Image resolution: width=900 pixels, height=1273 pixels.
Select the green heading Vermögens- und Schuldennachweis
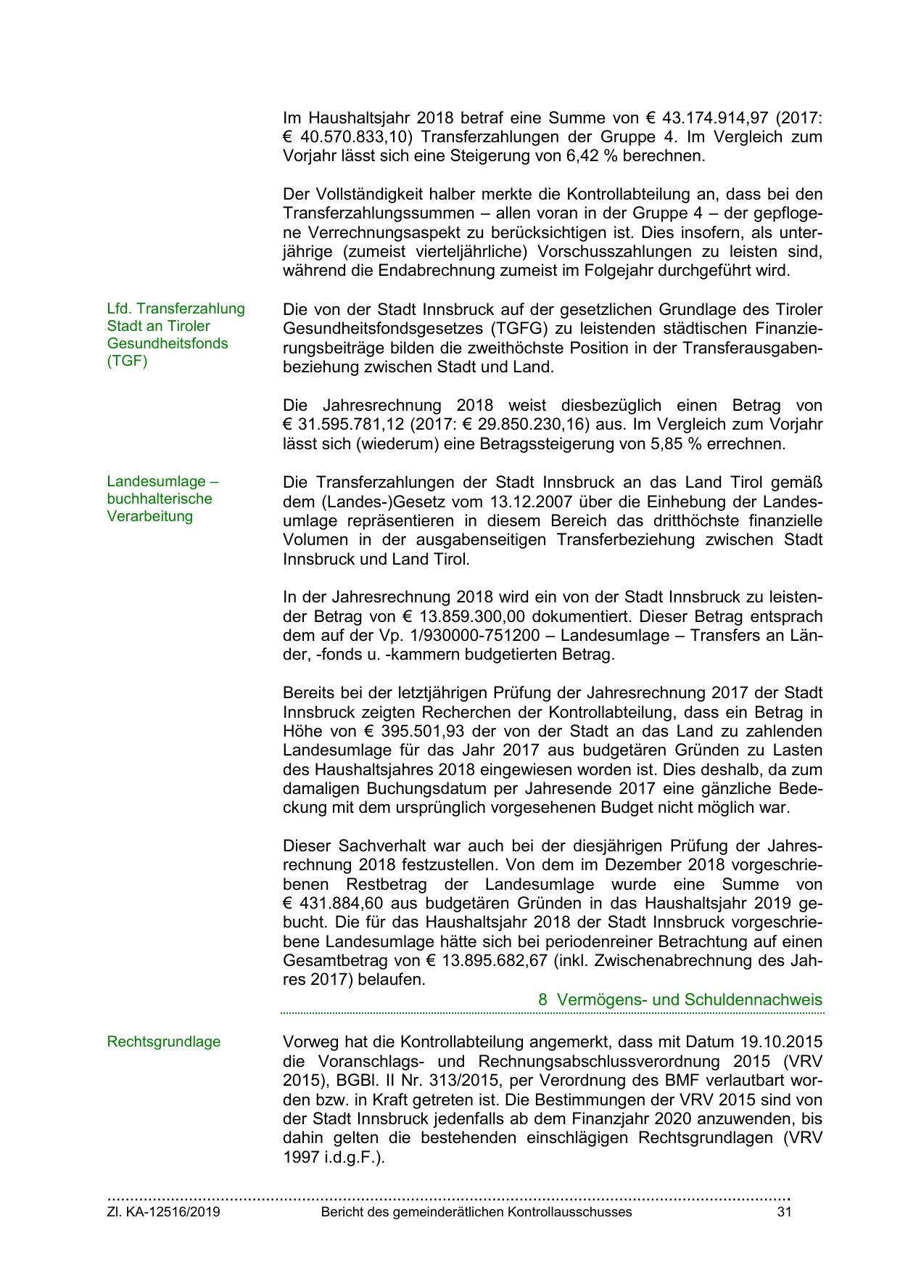tap(689, 999)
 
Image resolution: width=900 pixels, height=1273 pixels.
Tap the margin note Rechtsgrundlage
tap(163, 1041)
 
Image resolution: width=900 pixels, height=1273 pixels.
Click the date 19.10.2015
tap(781, 1042)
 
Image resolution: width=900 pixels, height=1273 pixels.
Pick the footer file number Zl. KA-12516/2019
tap(163, 1212)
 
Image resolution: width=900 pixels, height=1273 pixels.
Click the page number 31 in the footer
tap(784, 1212)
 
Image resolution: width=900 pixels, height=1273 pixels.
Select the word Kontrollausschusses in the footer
tap(569, 1212)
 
